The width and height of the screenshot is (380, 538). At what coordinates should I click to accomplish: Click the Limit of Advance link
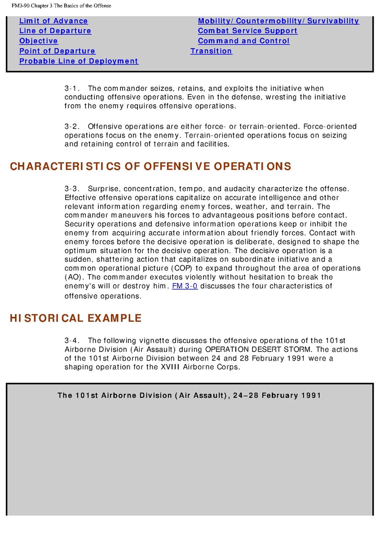(53, 21)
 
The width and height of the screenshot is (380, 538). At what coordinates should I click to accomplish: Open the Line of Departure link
(55, 31)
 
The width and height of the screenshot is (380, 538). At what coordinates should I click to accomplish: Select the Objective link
(39, 41)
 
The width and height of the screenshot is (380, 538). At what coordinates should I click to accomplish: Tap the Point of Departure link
(57, 51)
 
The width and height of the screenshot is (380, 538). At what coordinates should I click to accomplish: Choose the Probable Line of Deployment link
(79, 61)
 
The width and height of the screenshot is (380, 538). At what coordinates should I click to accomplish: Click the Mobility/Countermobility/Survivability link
(278, 21)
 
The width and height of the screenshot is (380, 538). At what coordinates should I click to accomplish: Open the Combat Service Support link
(247, 31)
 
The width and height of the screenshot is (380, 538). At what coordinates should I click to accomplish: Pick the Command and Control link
(243, 41)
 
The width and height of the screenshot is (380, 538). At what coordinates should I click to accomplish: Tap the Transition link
(211, 51)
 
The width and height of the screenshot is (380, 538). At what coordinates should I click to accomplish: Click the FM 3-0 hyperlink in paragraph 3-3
(185, 286)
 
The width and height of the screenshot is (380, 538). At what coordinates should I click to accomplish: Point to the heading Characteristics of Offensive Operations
(150, 167)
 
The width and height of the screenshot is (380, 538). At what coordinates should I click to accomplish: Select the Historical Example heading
(75, 319)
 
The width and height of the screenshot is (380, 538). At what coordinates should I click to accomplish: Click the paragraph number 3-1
(72, 89)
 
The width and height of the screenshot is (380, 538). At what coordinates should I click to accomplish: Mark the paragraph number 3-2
(72, 127)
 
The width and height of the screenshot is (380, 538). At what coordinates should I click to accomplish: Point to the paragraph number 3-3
(72, 189)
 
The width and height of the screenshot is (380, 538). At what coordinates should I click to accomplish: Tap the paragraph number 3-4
(72, 341)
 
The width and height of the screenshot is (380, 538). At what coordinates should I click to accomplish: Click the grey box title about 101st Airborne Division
(189, 396)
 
